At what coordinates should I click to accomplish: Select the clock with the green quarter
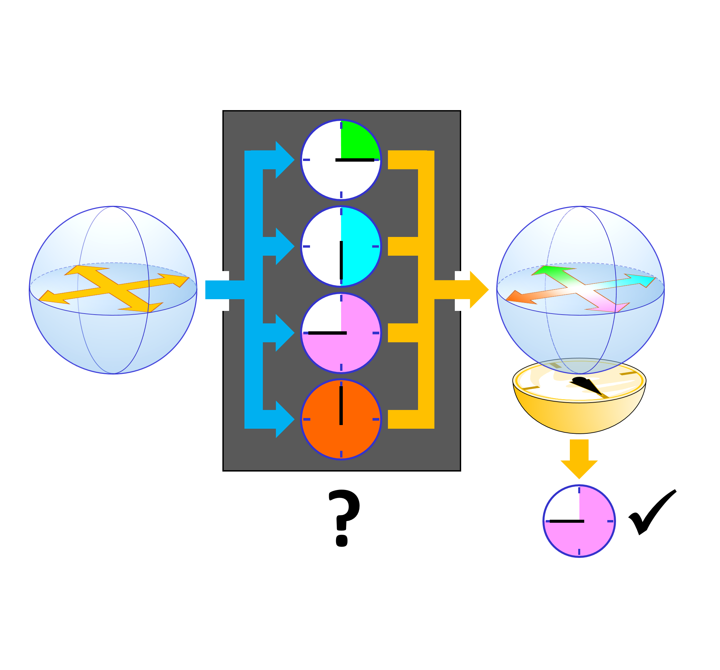click(x=341, y=159)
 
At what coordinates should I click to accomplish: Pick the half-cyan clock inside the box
click(x=341, y=246)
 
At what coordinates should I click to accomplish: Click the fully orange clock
click(x=341, y=419)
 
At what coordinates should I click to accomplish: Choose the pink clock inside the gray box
click(x=341, y=333)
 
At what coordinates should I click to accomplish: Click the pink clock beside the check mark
click(x=579, y=521)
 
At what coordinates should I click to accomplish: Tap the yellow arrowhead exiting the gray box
click(x=478, y=289)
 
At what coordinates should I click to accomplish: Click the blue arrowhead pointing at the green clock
click(x=284, y=159)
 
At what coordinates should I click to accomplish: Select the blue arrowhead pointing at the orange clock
click(x=284, y=419)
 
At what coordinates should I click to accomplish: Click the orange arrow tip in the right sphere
click(x=514, y=297)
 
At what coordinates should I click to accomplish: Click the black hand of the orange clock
click(x=341, y=405)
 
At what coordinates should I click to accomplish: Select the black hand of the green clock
click(x=355, y=160)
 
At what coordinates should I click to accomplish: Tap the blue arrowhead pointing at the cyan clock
click(x=284, y=246)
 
